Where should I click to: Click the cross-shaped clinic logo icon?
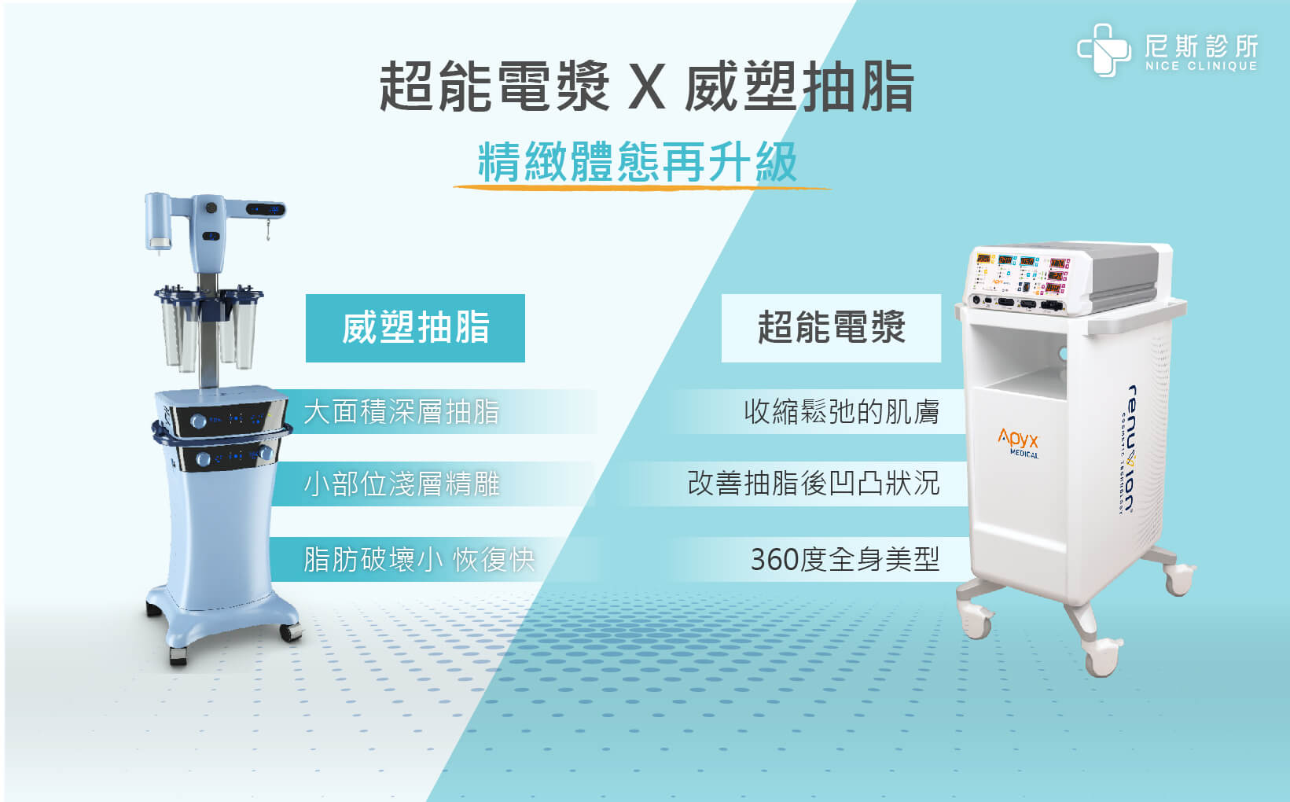pyautogui.click(x=1104, y=50)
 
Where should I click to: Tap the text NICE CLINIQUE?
pyautogui.click(x=1201, y=66)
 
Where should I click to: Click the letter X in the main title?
pyautogui.click(x=646, y=87)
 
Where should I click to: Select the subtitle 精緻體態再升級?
pyautogui.click(x=638, y=162)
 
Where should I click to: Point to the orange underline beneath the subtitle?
pyautogui.click(x=642, y=187)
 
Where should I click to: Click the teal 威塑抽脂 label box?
pyautogui.click(x=415, y=328)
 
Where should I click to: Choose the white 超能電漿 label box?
pyautogui.click(x=831, y=328)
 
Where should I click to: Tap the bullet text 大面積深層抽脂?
pyautogui.click(x=402, y=413)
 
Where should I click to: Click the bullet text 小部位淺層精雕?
pyautogui.click(x=402, y=484)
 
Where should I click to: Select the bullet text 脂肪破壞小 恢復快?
pyautogui.click(x=419, y=560)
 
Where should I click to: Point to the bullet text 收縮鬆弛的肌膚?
pyautogui.click(x=841, y=413)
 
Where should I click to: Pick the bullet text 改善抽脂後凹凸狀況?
pyautogui.click(x=814, y=484)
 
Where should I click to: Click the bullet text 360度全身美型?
pyautogui.click(x=845, y=560)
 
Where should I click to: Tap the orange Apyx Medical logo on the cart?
pyautogui.click(x=1018, y=443)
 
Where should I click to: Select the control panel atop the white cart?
pyautogui.click(x=1021, y=281)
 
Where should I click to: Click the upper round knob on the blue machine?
pyautogui.click(x=198, y=421)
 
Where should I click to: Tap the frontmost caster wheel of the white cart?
pyautogui.click(x=1101, y=657)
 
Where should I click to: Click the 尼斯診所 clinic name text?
pyautogui.click(x=1201, y=46)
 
